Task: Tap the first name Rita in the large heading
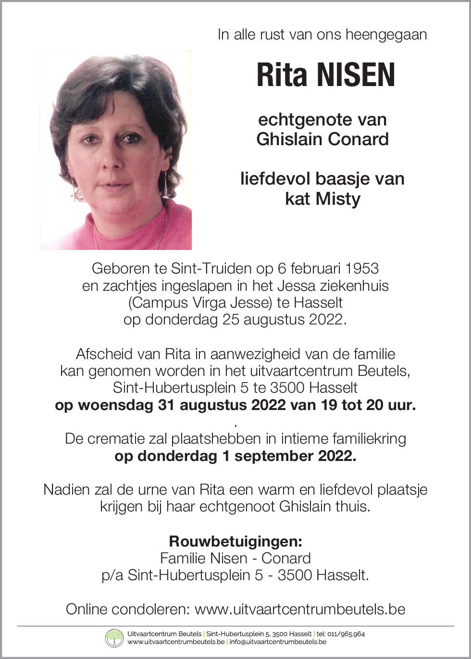click(282, 75)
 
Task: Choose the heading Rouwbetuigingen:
click(235, 541)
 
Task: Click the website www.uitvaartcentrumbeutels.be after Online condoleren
click(300, 609)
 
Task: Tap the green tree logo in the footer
click(114, 638)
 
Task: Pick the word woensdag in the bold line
click(116, 405)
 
